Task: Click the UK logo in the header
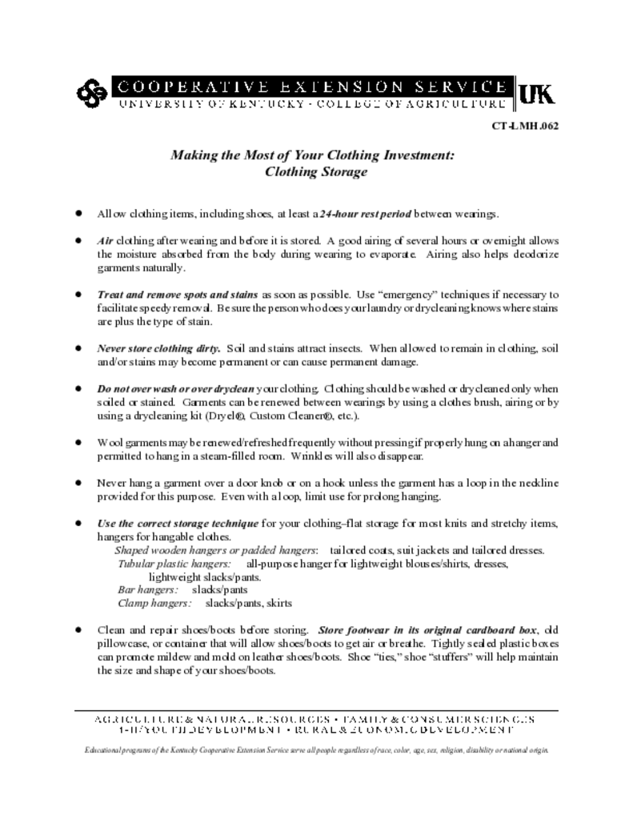tap(536, 94)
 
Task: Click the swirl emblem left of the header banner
tap(90, 94)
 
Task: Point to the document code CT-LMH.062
tap(525, 126)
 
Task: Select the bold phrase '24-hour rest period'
tap(366, 215)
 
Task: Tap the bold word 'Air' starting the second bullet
tap(106, 241)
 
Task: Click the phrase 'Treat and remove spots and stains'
tap(178, 295)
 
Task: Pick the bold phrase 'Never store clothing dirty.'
tap(159, 348)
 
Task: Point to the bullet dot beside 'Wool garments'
tap(78, 442)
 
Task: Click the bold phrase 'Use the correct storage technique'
tap(178, 524)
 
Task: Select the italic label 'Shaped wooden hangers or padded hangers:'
tap(216, 550)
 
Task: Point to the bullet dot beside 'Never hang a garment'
tap(78, 483)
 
